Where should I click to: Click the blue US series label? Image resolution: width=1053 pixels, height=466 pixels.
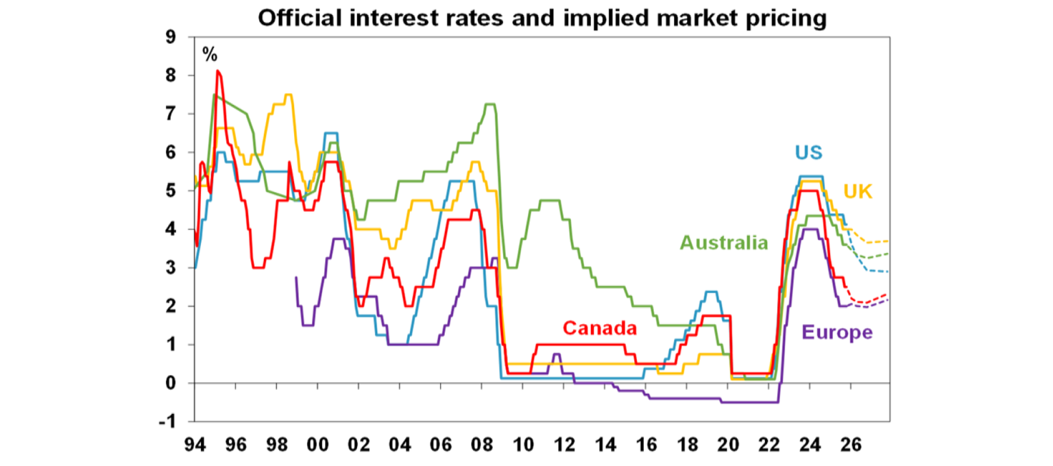[809, 151]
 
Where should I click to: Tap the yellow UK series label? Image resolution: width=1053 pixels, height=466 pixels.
[858, 191]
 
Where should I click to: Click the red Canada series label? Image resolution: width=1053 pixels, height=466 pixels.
[600, 328]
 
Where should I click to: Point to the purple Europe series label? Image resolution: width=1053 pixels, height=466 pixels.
[837, 332]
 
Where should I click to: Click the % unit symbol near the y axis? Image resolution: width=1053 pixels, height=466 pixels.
[209, 55]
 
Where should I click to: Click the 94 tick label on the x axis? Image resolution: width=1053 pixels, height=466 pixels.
[195, 444]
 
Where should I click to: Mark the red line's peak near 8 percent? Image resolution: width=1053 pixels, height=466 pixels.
[217, 71]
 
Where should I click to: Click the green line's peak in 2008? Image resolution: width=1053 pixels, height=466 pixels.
[489, 104]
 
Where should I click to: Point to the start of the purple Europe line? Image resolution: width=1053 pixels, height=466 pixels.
[296, 277]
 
